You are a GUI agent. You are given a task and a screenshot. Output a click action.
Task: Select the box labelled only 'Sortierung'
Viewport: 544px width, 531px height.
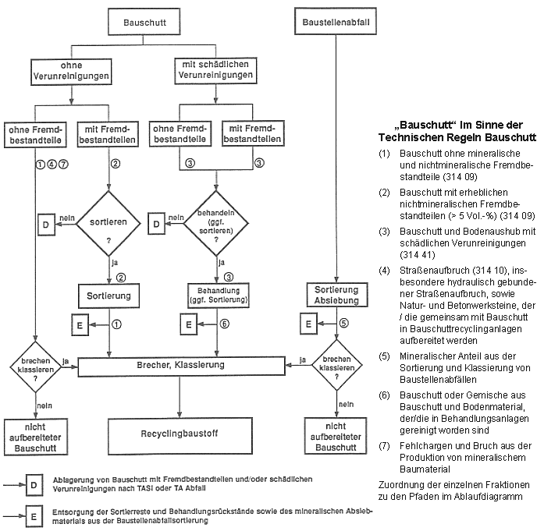pos(109,296)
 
